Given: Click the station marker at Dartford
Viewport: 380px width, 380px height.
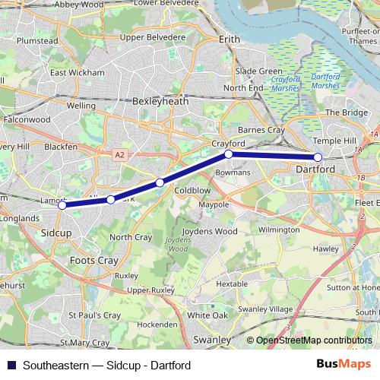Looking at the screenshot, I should pyautogui.click(x=318, y=157).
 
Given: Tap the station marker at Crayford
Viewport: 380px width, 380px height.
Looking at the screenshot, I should pyautogui.click(x=228, y=154).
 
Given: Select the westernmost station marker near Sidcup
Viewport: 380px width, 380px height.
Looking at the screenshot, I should pyautogui.click(x=62, y=204).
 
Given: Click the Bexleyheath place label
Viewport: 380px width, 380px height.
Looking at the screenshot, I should pyautogui.click(x=158, y=100).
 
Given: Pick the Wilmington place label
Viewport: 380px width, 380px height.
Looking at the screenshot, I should pyautogui.click(x=279, y=228).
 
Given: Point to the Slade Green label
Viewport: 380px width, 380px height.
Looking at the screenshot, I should pyautogui.click(x=259, y=71).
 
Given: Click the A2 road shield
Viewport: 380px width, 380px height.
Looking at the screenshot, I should pyautogui.click(x=119, y=154).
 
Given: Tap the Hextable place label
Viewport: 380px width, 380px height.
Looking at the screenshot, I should pyautogui.click(x=233, y=283).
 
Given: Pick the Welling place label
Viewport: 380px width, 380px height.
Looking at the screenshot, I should pyautogui.click(x=81, y=106).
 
